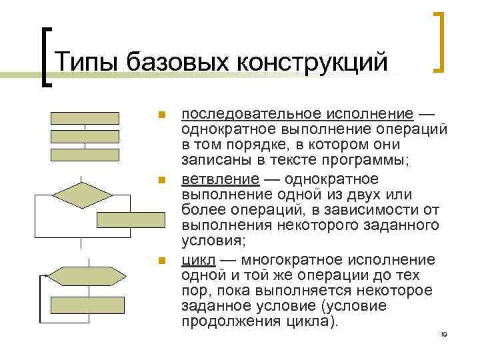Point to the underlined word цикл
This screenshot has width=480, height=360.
tap(197, 259)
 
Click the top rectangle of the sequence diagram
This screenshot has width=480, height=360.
tap(85, 118)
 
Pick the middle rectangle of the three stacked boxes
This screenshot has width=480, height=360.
tap(85, 137)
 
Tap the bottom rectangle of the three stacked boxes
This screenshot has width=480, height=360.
tap(85, 155)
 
